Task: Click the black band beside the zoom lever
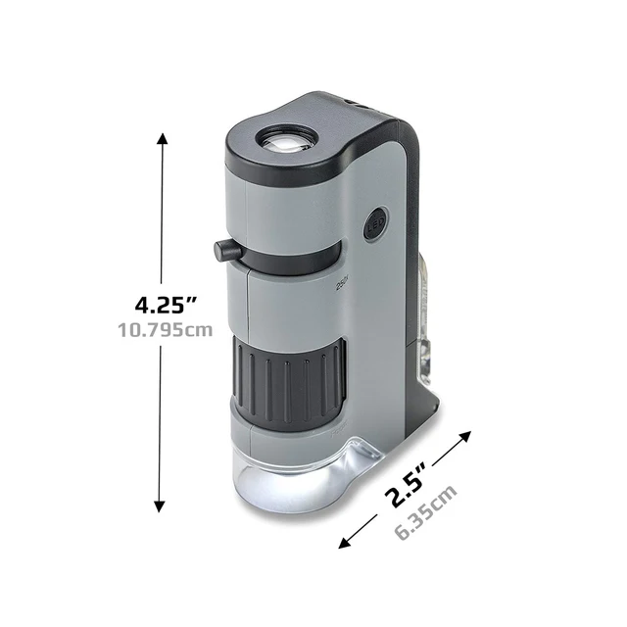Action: [x=294, y=259]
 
